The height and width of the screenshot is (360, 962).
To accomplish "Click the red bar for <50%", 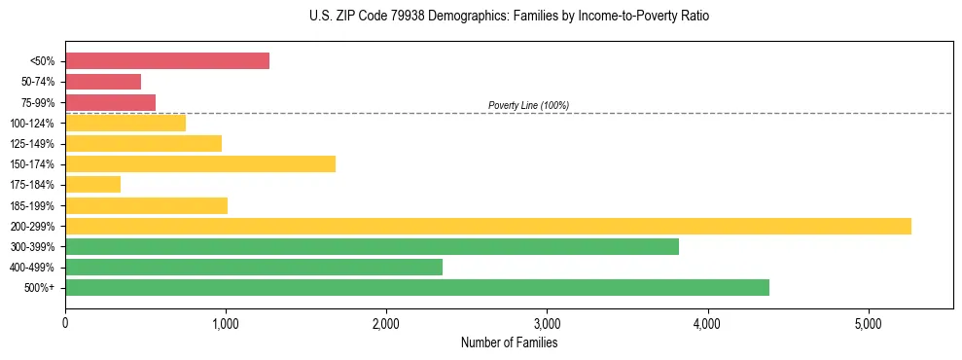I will [167, 61].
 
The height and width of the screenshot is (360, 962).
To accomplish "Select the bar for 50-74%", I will [103, 82].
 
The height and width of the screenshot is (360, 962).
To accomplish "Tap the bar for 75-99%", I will [110, 102].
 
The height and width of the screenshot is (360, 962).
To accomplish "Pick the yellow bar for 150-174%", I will [200, 163].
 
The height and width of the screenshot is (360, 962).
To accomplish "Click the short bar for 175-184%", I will [92, 184].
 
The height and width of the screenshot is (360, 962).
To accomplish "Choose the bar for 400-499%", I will [254, 267].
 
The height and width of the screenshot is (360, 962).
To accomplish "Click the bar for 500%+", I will [417, 287].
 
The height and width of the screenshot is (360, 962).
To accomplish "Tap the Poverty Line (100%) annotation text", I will [528, 105].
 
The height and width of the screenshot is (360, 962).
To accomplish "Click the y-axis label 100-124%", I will [32, 124].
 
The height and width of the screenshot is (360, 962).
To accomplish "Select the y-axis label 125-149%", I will [32, 144].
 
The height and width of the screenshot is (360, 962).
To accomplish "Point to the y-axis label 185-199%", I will [32, 205].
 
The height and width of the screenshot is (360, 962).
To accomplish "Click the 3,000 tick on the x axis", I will [548, 323].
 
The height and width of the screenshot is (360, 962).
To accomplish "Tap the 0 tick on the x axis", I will [65, 323].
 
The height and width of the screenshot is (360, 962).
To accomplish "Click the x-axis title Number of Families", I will [509, 342].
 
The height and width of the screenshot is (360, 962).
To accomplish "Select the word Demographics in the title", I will [468, 17].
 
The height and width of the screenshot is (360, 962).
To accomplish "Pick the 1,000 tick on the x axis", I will [226, 323].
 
